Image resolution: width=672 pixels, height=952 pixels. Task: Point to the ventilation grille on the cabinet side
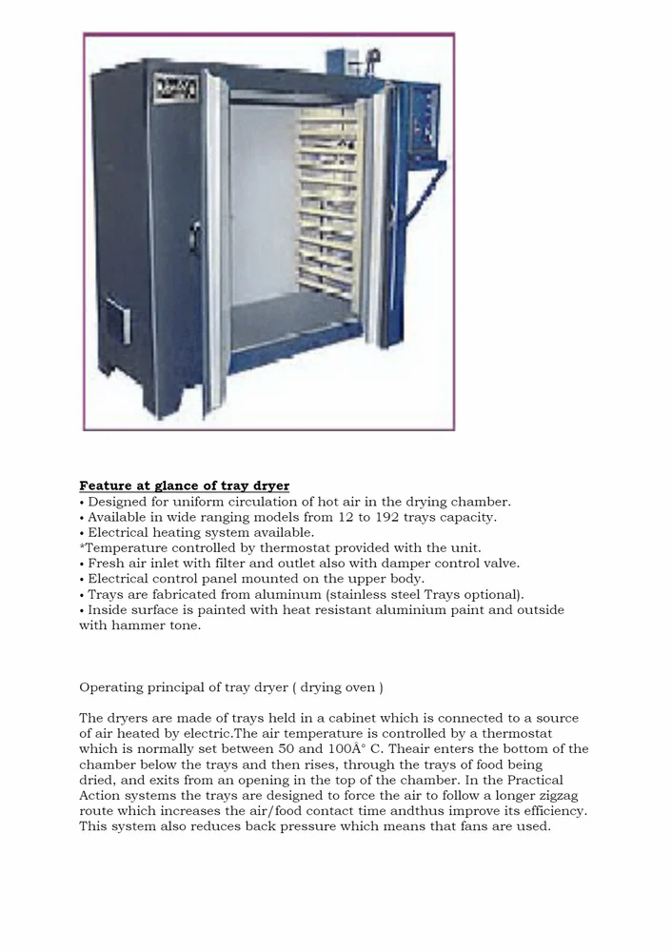[x=114, y=323]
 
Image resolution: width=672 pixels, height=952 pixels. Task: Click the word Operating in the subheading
[x=109, y=687]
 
